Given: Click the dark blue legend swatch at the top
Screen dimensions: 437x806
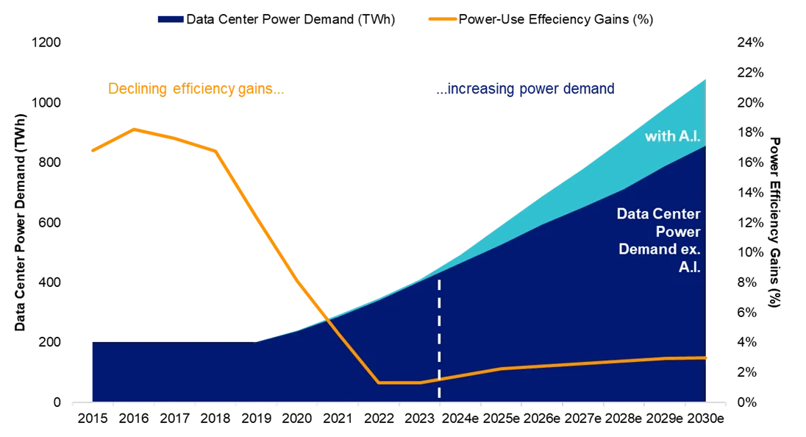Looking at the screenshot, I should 169,18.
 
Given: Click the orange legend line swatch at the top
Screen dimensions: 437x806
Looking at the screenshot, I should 441,18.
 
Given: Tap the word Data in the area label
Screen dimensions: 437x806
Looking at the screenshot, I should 632,214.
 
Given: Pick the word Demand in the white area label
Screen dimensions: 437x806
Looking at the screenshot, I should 643,249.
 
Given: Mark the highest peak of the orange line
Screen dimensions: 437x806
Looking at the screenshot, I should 134,129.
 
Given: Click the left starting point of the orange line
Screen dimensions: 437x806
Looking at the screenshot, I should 90,151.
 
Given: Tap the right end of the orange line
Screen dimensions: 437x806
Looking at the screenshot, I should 705,358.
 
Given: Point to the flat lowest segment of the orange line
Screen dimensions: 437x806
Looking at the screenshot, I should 399,383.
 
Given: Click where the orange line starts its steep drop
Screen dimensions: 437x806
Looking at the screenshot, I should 216,152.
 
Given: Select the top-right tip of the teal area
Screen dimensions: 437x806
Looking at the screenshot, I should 705,79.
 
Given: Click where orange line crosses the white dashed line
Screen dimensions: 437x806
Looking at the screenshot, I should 439,379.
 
